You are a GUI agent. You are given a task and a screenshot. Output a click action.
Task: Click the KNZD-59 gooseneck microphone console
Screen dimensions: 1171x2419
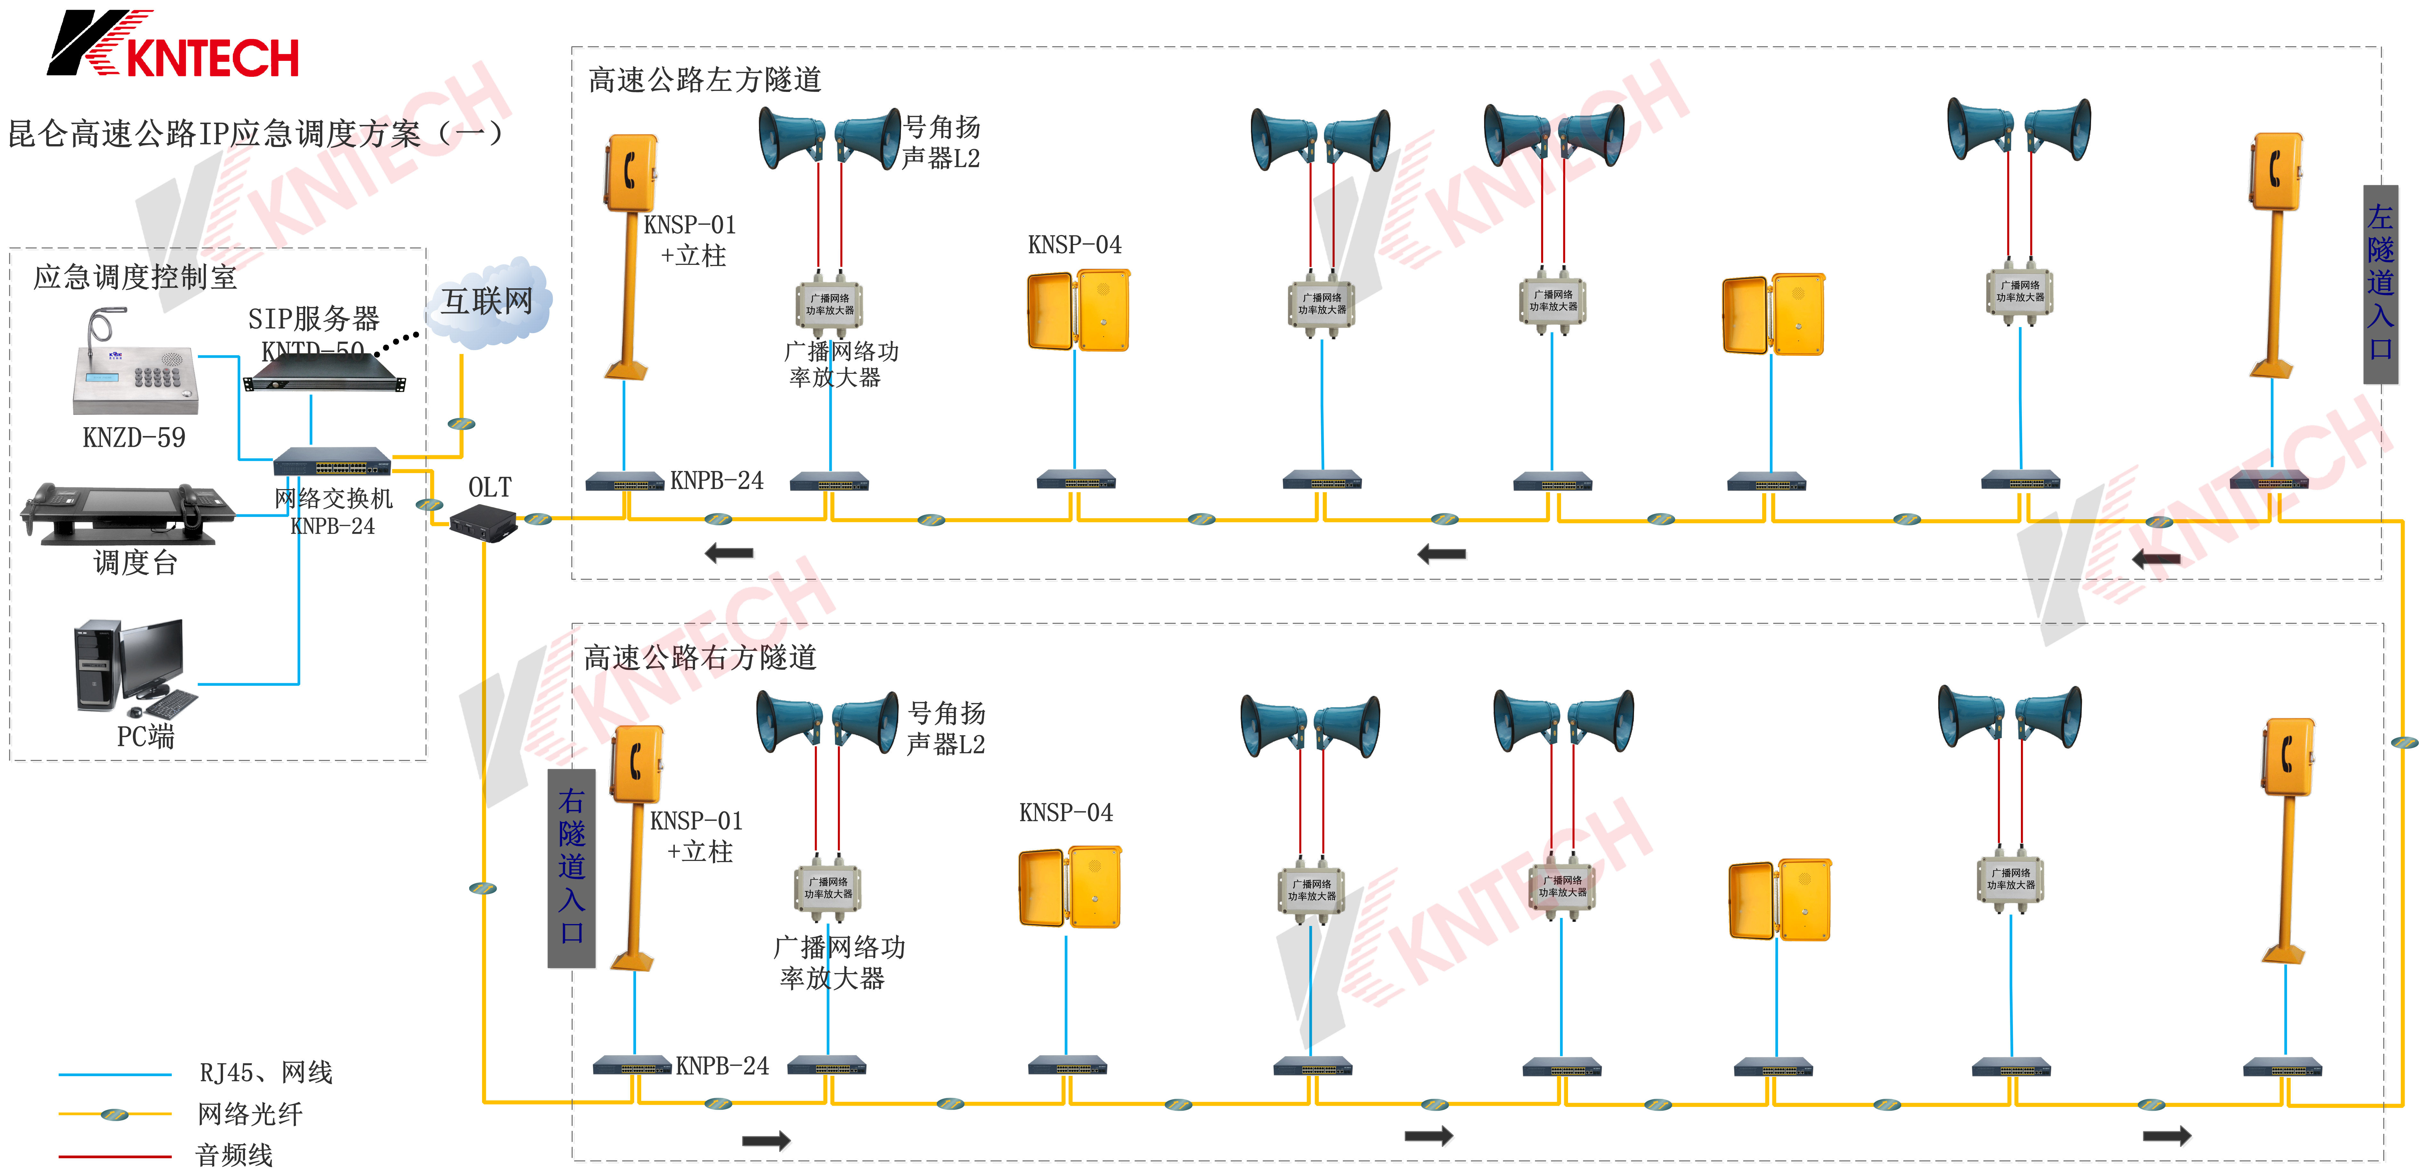[136, 371]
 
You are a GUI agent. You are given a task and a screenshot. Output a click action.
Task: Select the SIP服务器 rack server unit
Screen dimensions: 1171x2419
[324, 380]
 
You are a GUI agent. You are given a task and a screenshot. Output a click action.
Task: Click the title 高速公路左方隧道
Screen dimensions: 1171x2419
[704, 80]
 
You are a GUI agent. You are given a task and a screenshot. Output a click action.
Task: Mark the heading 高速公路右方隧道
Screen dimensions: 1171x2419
[699, 657]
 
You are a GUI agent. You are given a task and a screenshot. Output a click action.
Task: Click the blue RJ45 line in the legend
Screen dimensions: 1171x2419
[115, 1073]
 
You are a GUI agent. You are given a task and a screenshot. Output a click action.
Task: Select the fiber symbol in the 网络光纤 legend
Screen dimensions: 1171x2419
[115, 1115]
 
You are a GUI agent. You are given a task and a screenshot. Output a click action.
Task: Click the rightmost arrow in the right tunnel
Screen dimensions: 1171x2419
[2166, 1136]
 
